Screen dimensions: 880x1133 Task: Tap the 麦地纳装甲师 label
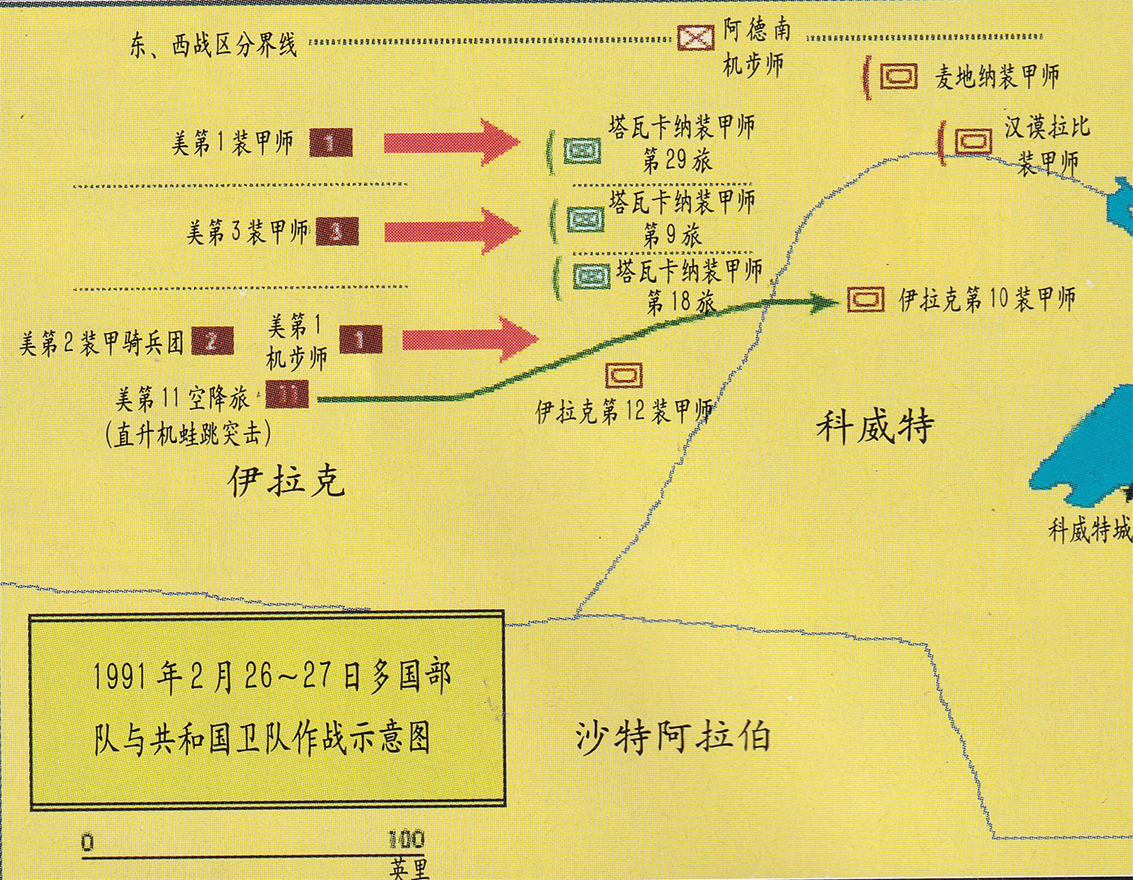[x=997, y=77]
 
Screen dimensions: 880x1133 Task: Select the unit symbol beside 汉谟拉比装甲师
[x=973, y=142]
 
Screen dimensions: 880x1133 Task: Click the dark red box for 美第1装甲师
[x=330, y=143]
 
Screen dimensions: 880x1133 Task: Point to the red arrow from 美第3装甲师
[x=451, y=231]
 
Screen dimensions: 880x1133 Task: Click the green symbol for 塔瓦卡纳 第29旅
[x=582, y=150]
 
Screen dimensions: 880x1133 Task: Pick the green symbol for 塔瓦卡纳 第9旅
[x=585, y=219]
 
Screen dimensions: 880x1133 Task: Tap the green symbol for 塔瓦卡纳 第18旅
[x=591, y=276]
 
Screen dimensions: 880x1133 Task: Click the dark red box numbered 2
[x=212, y=341]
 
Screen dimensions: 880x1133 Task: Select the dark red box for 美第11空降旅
[x=286, y=394]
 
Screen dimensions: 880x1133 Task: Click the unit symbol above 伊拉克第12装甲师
[x=624, y=375]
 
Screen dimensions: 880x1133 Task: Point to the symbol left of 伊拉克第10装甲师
[x=865, y=299]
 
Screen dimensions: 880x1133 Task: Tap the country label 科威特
[x=875, y=426]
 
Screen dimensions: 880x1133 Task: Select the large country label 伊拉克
[x=286, y=481]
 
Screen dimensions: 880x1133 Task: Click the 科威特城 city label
[x=1090, y=530]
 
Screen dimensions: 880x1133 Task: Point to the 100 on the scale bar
[x=406, y=840]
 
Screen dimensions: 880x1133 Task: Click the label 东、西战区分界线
[x=213, y=46]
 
